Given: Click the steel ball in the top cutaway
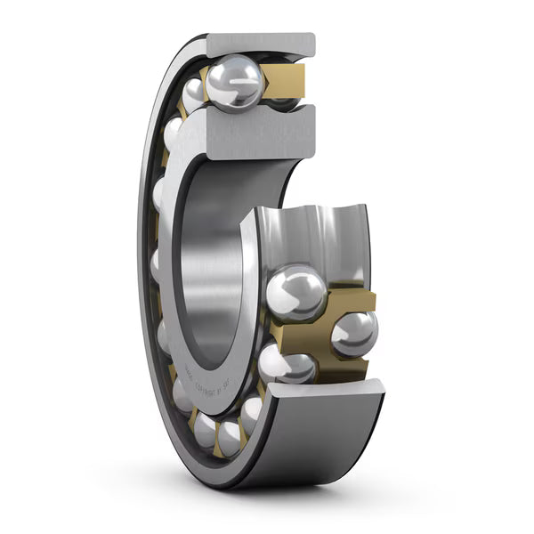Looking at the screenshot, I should (x=234, y=84).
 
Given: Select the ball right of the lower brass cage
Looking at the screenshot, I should (x=354, y=334).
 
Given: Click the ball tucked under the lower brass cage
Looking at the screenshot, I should (x=287, y=364).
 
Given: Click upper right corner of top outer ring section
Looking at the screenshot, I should (x=311, y=36).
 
